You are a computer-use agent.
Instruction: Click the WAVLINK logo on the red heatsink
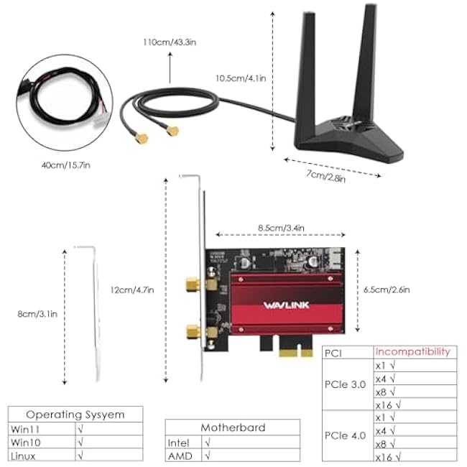(286, 305)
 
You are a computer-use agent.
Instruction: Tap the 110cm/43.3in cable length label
(170, 42)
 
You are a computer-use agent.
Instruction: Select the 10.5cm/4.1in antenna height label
(241, 78)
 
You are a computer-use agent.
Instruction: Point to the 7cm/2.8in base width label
(326, 176)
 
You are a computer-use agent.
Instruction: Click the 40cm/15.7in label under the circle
(66, 165)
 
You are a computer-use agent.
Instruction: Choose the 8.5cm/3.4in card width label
(281, 228)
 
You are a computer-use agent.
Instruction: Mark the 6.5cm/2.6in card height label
(387, 290)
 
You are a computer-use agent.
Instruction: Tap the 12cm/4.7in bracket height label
(132, 290)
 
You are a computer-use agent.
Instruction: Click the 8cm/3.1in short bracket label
(37, 314)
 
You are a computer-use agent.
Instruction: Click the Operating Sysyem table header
(75, 415)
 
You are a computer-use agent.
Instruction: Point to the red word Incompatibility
(413, 352)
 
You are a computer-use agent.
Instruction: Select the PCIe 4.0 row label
(345, 435)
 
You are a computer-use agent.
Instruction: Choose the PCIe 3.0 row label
(345, 384)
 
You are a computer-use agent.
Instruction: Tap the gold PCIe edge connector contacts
(296, 353)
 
